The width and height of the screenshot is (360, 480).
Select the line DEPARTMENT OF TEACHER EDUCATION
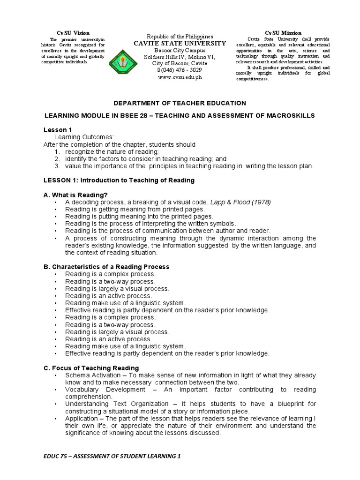pyautogui.click(x=180, y=103)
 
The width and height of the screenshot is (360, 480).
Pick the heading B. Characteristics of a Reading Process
pyautogui.click(x=106, y=266)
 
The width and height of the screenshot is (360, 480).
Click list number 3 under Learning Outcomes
pyautogui.click(x=57, y=166)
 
